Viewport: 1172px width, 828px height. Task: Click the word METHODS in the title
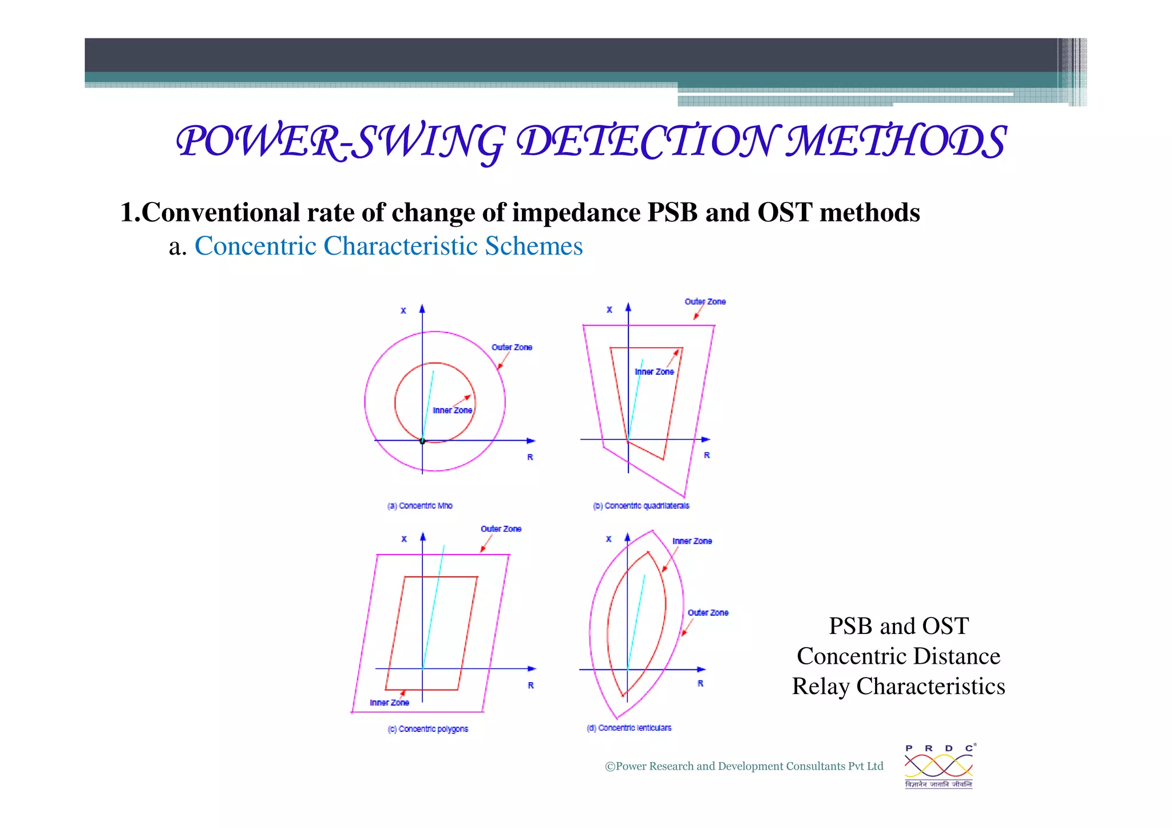896,141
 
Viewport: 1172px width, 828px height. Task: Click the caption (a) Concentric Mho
420,506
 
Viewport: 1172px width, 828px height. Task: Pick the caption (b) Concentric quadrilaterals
641,506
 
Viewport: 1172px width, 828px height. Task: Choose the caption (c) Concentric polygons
428,729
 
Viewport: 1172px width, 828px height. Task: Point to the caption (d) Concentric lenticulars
629,728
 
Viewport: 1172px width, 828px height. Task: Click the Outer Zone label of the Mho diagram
512,347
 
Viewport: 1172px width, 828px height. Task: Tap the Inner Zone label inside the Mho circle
452,410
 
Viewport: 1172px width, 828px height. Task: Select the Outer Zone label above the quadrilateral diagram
705,302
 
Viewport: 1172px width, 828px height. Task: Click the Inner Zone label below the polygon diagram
389,703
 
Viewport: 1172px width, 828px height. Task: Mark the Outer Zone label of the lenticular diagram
708,613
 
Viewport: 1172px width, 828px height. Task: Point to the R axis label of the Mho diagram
530,457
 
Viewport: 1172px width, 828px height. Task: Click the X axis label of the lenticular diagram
608,539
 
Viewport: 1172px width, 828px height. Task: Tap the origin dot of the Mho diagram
422,441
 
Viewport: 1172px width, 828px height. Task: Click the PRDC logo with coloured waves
939,766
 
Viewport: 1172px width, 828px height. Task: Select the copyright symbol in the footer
610,767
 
